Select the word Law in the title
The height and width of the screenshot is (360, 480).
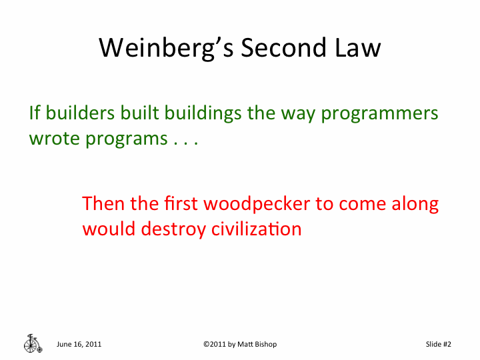coord(358,48)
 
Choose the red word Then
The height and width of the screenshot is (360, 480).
coord(103,203)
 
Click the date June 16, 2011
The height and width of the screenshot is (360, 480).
coord(79,344)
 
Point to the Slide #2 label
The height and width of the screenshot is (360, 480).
coord(439,344)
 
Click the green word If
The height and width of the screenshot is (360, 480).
coord(35,113)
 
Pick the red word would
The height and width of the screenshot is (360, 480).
coord(109,229)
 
